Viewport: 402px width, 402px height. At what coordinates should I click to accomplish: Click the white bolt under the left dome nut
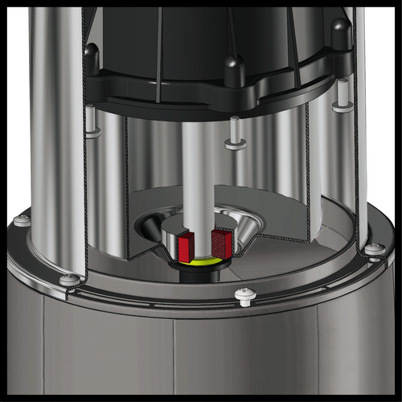tap(92, 121)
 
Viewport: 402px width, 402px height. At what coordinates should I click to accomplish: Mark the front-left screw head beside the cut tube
tap(71, 279)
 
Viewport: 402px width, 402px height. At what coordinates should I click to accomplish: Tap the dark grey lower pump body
tap(201, 354)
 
